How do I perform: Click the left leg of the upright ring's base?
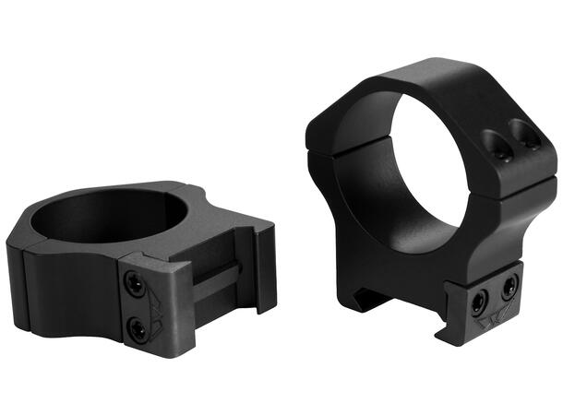tap(355, 267)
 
